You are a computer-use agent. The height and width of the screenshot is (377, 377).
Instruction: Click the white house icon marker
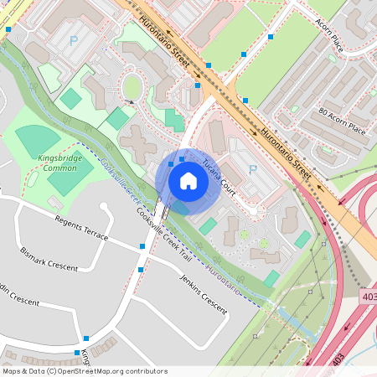pos(188,180)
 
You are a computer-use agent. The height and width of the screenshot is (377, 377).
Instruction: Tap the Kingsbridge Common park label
pos(58,163)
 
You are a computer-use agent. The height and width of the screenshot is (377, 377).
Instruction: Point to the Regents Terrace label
pos(81,229)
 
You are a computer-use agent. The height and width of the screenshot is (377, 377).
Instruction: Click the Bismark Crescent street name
pos(49,257)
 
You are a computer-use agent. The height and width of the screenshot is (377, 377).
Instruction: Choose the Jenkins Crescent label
pos(204,296)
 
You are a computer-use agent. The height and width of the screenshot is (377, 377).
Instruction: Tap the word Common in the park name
pos(59,168)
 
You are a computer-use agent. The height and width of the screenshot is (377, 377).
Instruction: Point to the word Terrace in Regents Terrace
pos(95,234)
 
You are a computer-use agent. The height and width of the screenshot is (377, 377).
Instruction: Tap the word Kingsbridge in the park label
pos(58,158)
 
